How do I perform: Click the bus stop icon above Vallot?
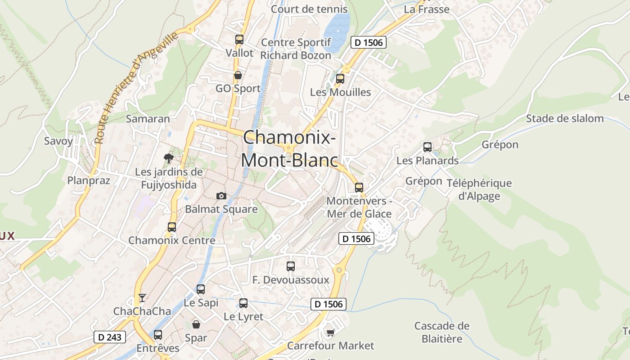point(239,40)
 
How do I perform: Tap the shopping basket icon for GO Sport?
point(238,75)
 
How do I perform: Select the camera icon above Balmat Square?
point(221,196)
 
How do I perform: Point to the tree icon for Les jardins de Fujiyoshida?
point(169,158)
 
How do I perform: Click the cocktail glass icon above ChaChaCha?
point(142,297)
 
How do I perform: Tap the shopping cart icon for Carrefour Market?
point(331,333)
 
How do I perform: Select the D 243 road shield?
point(110,337)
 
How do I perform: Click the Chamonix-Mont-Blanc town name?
point(289,149)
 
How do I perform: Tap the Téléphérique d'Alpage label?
point(479,189)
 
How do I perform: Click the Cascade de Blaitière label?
point(442,332)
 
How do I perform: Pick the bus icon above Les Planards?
point(427,147)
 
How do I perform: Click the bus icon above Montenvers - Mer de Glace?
point(359,188)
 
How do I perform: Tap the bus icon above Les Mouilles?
point(340,79)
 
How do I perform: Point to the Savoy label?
point(58,141)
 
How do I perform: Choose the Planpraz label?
point(89,180)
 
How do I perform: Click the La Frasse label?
point(427,9)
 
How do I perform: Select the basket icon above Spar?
point(196,324)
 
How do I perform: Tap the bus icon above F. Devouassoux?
point(291,266)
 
